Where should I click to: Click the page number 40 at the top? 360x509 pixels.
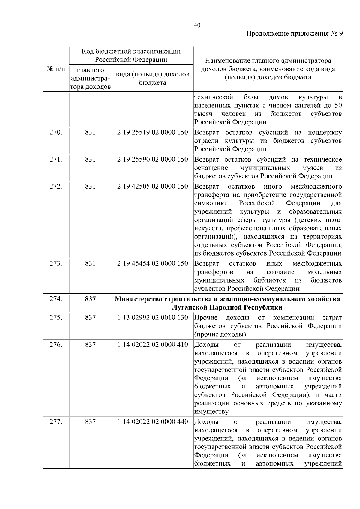click(x=197, y=25)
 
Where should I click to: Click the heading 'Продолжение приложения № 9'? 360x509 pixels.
click(x=294, y=34)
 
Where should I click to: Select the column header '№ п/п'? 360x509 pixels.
click(x=56, y=69)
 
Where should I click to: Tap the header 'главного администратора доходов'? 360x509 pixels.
click(x=90, y=79)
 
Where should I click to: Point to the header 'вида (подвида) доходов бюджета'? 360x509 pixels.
click(x=152, y=78)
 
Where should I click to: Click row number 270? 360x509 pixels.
click(x=56, y=132)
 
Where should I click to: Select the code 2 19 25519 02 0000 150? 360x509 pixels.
click(x=152, y=132)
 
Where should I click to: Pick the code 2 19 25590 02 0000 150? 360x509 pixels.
click(x=152, y=159)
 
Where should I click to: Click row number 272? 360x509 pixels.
click(x=56, y=186)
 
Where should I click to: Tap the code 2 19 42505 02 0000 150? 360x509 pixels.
click(x=152, y=186)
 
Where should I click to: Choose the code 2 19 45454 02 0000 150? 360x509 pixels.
click(x=152, y=263)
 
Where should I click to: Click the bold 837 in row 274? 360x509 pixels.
click(x=90, y=299)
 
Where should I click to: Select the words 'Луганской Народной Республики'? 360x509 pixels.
click(x=227, y=307)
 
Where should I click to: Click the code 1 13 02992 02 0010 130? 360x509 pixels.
click(x=152, y=317)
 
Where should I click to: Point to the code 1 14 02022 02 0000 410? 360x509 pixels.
click(x=152, y=344)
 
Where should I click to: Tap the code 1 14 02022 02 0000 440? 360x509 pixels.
click(x=152, y=421)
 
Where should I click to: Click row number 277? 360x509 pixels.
click(x=56, y=421)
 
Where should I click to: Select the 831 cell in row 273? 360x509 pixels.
click(x=90, y=263)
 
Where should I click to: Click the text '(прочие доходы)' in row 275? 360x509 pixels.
click(x=220, y=334)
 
